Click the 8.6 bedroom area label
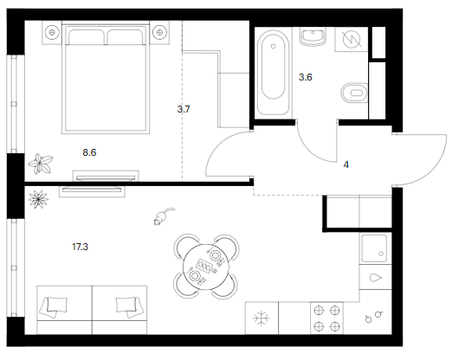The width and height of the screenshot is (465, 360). coord(89,152)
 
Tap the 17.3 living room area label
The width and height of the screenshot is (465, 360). coord(80,247)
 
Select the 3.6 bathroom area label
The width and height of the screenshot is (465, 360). coord(306,77)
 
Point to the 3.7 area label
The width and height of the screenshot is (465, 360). coord(184,109)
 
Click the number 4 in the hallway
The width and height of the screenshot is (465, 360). coord(346,164)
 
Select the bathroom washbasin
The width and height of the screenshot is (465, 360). coord(313,36)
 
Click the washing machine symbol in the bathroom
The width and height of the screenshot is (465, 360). coord(352,39)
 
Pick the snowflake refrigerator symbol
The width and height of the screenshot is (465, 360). coord(262,318)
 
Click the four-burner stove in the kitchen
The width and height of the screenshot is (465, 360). coord(326,318)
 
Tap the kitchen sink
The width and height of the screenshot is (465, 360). coord(375,248)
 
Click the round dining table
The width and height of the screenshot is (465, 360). coord(206,267)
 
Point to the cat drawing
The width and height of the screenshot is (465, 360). coord(164,216)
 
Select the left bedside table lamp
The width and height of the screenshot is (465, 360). coord(52,32)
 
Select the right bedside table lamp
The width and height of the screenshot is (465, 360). coord(159,32)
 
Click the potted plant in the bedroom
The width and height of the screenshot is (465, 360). coord(41,164)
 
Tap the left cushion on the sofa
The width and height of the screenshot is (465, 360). coord(54,307)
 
